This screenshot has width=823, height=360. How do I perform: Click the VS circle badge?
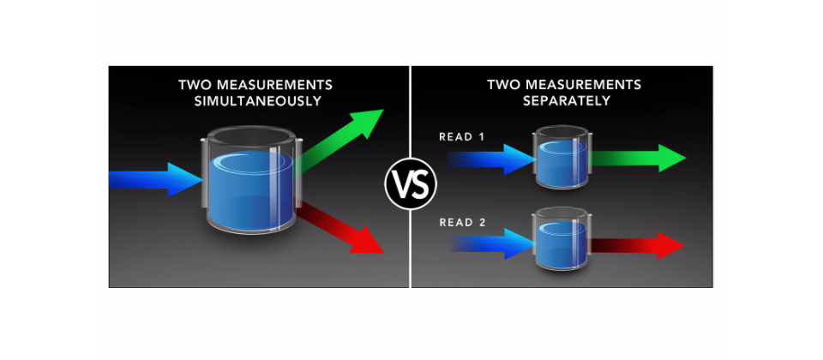click(411, 183)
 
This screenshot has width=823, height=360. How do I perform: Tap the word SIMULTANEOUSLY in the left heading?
click(258, 101)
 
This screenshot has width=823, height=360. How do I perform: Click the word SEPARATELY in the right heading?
click(567, 101)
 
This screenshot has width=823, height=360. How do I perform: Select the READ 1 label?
click(462, 137)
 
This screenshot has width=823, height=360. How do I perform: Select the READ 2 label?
click(462, 223)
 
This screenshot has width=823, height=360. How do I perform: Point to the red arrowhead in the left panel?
click(368, 239)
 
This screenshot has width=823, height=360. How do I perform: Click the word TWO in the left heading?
click(193, 85)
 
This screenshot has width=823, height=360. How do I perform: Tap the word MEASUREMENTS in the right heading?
click(580, 85)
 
